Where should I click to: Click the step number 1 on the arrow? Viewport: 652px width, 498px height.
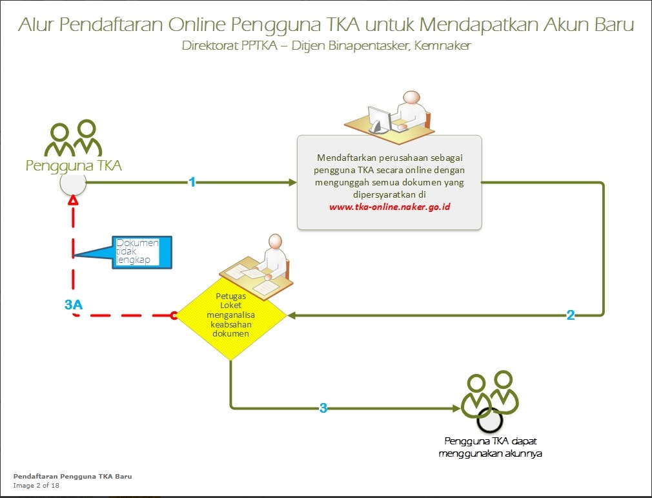[192, 182]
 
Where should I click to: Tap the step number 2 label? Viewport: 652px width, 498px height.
[571, 315]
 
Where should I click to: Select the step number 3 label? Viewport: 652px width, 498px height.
[323, 408]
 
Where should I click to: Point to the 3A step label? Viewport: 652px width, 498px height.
[74, 305]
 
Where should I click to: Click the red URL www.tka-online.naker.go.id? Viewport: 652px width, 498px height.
[389, 207]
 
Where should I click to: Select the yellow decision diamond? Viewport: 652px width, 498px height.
[231, 316]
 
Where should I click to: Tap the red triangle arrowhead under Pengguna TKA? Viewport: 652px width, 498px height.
[74, 202]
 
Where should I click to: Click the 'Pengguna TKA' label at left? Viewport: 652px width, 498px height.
[74, 166]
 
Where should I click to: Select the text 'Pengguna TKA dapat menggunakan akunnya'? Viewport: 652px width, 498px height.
[491, 447]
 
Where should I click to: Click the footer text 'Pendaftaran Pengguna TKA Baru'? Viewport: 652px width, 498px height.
[73, 477]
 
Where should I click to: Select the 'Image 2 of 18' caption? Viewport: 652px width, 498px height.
[36, 486]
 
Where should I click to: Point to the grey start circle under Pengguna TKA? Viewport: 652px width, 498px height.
[73, 183]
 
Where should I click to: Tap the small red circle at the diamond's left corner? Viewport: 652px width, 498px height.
[173, 316]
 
